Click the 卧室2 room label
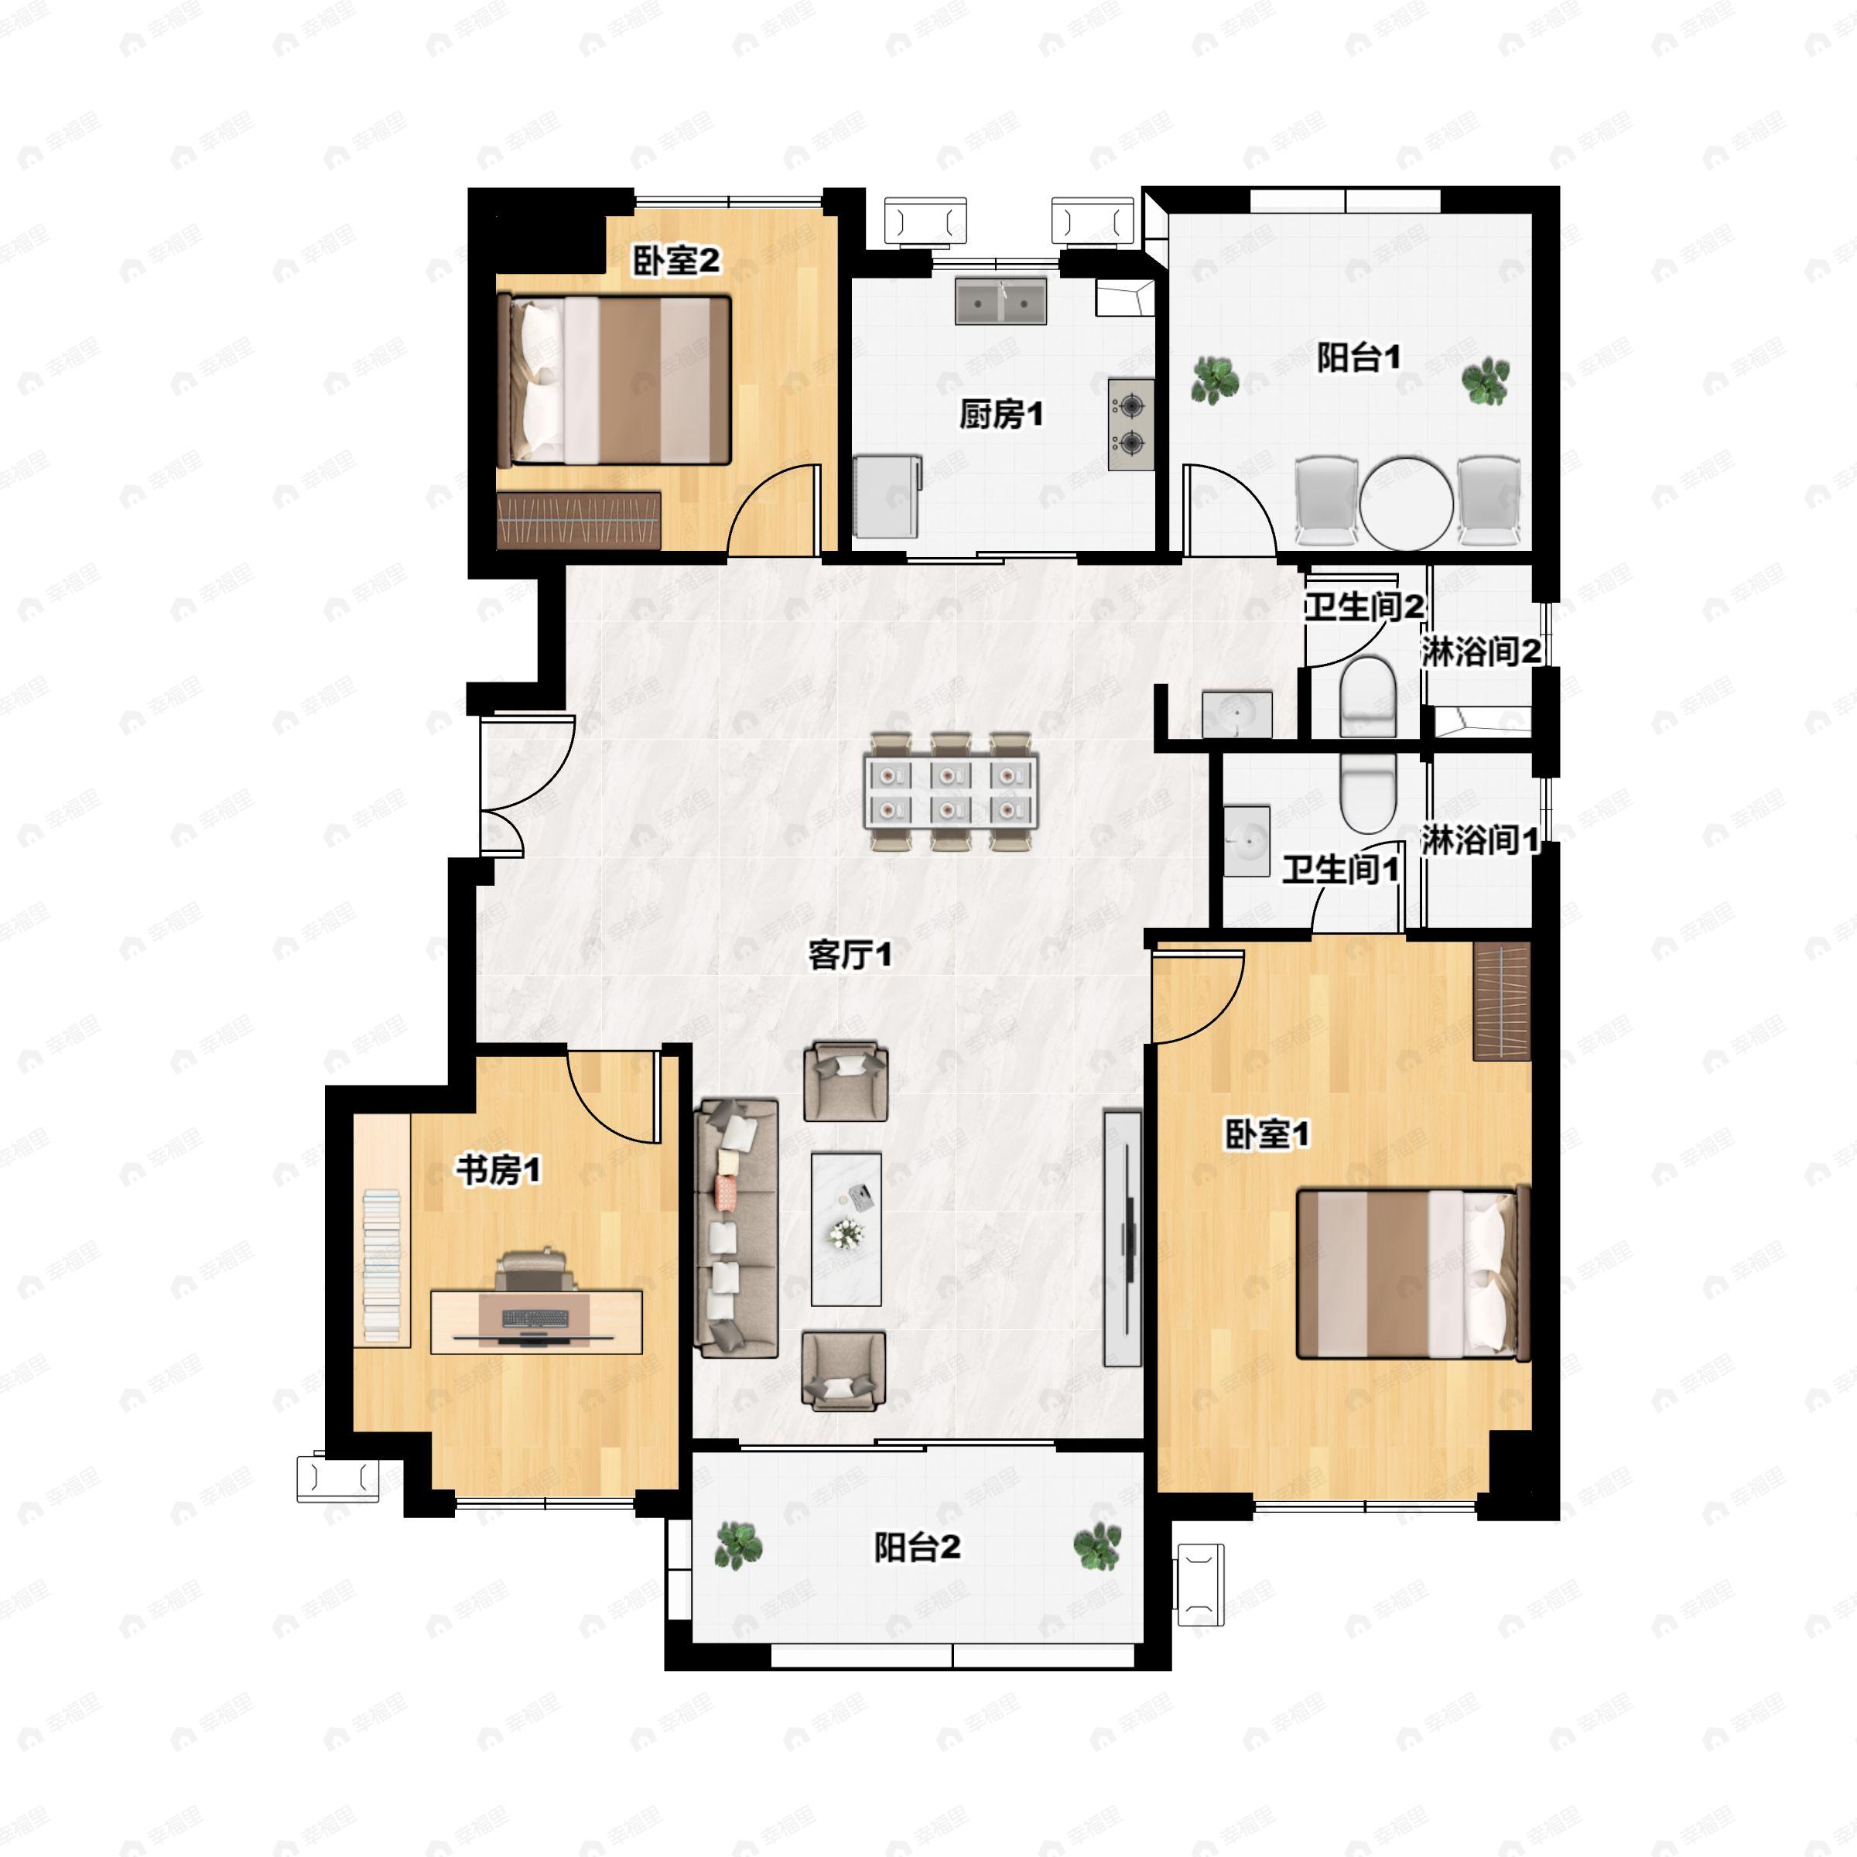675,261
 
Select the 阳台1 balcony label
1358,357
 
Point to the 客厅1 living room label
850,955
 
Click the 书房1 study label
498,1170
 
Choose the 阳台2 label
917,1547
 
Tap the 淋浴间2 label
1481,651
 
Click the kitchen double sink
1000,301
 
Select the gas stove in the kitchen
1130,424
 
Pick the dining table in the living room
951,791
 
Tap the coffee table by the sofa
846,1229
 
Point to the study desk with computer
535,1322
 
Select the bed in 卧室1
1413,1274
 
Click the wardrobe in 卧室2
580,521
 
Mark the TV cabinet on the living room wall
1122,1238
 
